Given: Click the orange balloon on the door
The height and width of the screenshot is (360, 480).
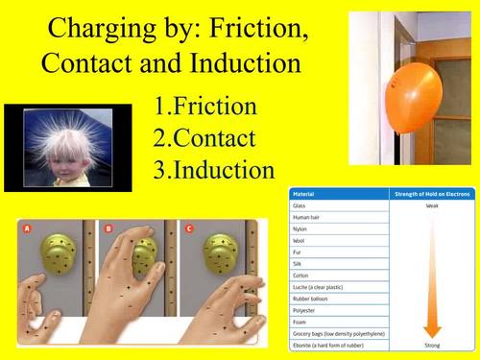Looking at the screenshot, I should [418, 84].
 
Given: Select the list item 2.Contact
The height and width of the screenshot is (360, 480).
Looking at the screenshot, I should [204, 138].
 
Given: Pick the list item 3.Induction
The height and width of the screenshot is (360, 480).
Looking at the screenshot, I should [214, 170].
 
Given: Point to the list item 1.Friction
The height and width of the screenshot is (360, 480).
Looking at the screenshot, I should [204, 106].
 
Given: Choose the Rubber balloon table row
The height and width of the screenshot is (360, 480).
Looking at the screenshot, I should [314, 297].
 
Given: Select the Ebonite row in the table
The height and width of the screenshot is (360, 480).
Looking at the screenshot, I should [331, 343].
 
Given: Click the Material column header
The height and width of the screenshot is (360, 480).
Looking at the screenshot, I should [307, 194].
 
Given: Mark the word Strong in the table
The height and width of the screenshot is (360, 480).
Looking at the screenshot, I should [431, 343].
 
